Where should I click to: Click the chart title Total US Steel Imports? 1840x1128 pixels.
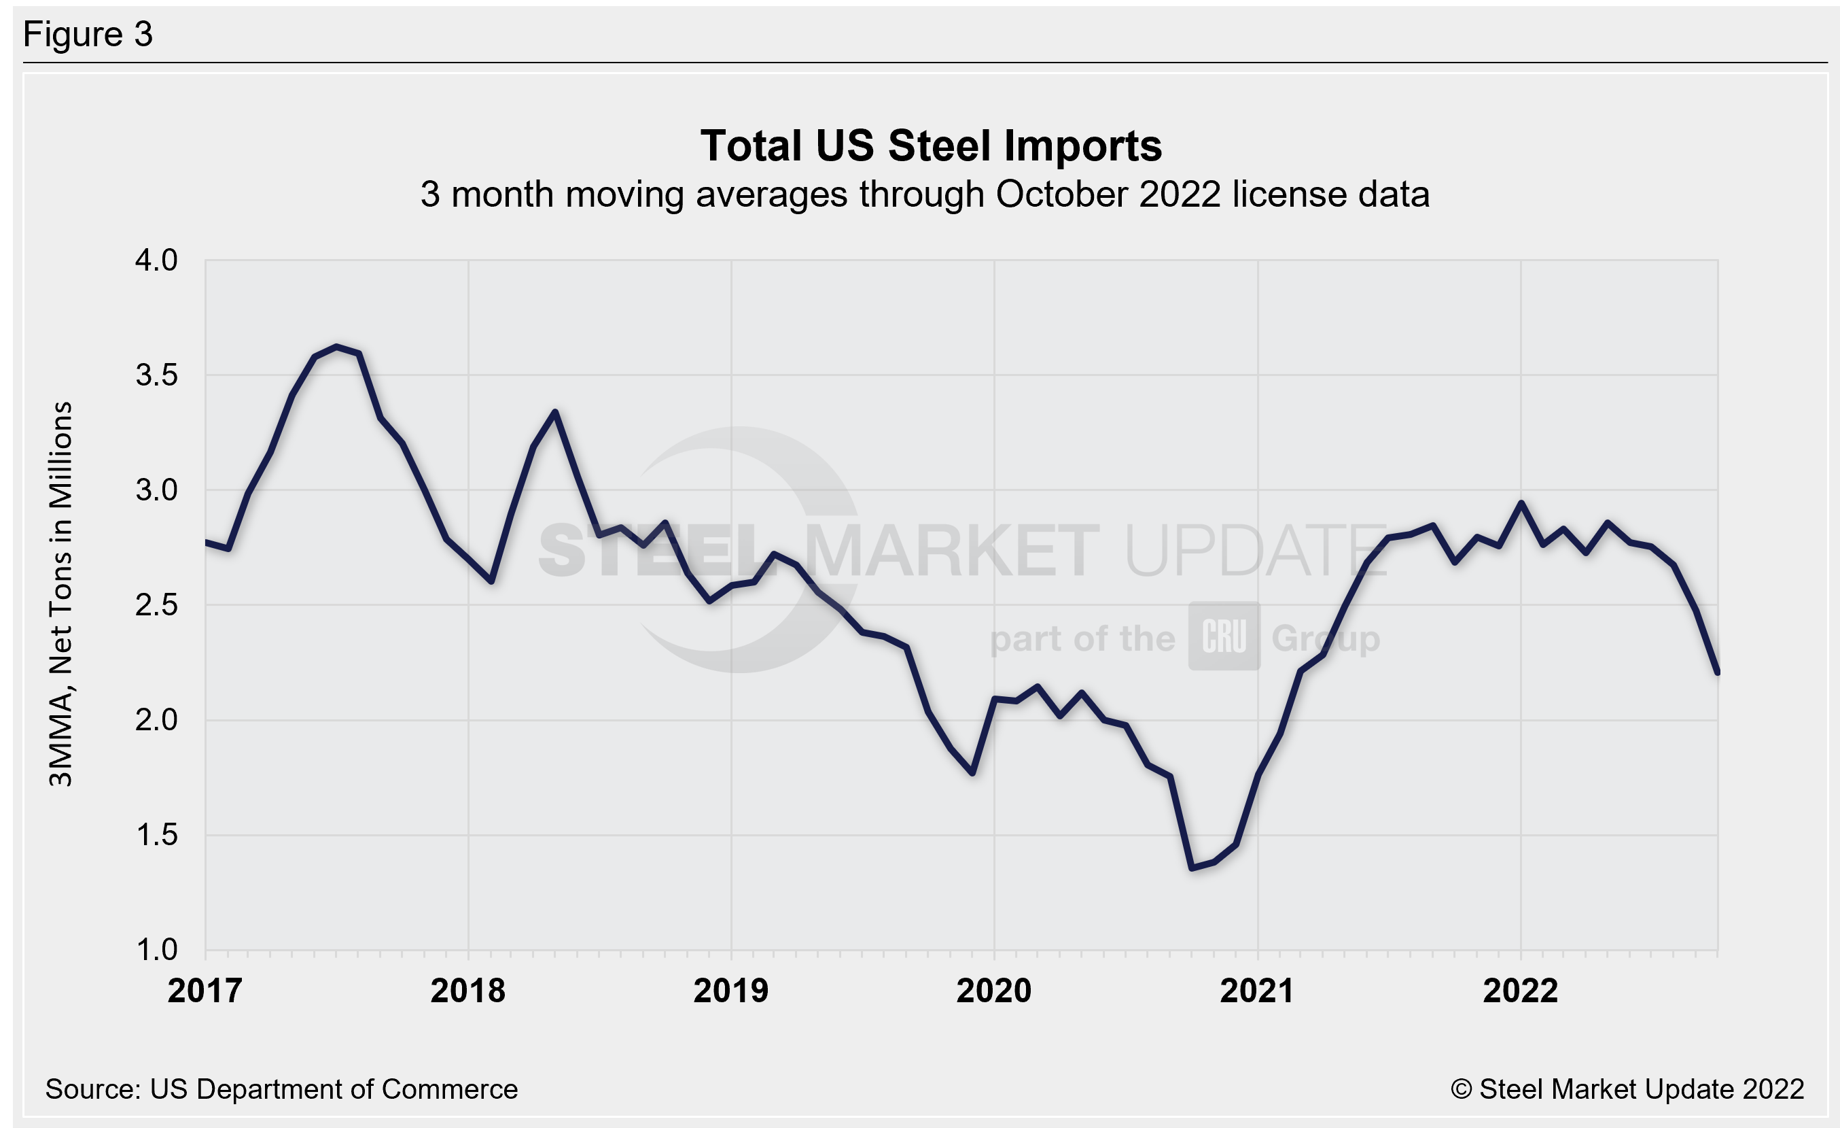[x=930, y=146]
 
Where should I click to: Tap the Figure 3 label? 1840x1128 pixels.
[x=88, y=35]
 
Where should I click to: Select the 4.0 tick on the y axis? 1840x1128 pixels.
[x=156, y=260]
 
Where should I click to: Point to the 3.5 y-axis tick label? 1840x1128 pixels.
[x=156, y=375]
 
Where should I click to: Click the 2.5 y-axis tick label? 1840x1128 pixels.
[x=156, y=605]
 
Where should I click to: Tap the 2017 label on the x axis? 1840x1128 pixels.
[x=205, y=991]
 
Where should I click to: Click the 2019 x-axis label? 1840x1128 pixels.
[x=730, y=991]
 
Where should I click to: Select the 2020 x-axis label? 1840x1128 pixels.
[x=993, y=991]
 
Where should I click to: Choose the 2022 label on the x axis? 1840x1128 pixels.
[x=1520, y=991]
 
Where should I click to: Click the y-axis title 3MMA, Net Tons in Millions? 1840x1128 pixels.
[x=60, y=594]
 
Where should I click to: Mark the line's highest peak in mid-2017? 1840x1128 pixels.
[x=337, y=347]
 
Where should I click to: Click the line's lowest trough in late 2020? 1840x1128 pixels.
[x=1192, y=868]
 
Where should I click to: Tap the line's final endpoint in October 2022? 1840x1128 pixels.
[x=1718, y=672]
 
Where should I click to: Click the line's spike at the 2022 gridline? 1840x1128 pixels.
[x=1521, y=502]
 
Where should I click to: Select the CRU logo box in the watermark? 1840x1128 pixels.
[x=1224, y=636]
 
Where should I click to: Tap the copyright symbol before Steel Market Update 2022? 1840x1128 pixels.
[x=1461, y=1089]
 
